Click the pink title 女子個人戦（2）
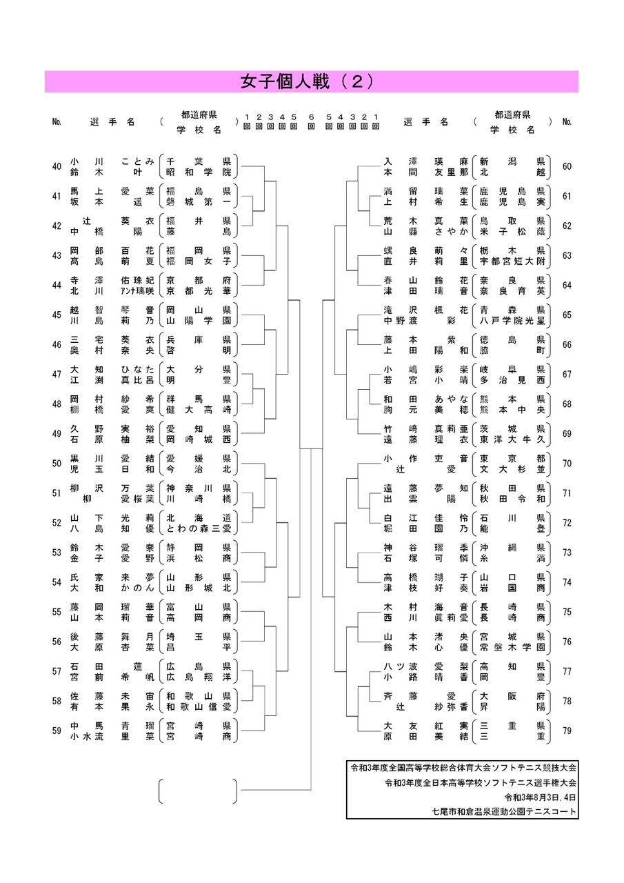pos(311,81)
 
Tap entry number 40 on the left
pos(57,166)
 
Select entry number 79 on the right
pos(567,731)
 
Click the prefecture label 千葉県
pos(198,161)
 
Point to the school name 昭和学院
pos(198,171)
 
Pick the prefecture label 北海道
pos(198,517)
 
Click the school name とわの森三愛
pos(198,528)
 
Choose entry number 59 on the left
pos(57,731)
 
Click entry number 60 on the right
pos(567,166)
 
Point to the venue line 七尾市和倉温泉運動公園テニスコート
pos(502,812)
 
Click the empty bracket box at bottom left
pos(198,791)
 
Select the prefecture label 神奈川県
pos(198,487)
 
